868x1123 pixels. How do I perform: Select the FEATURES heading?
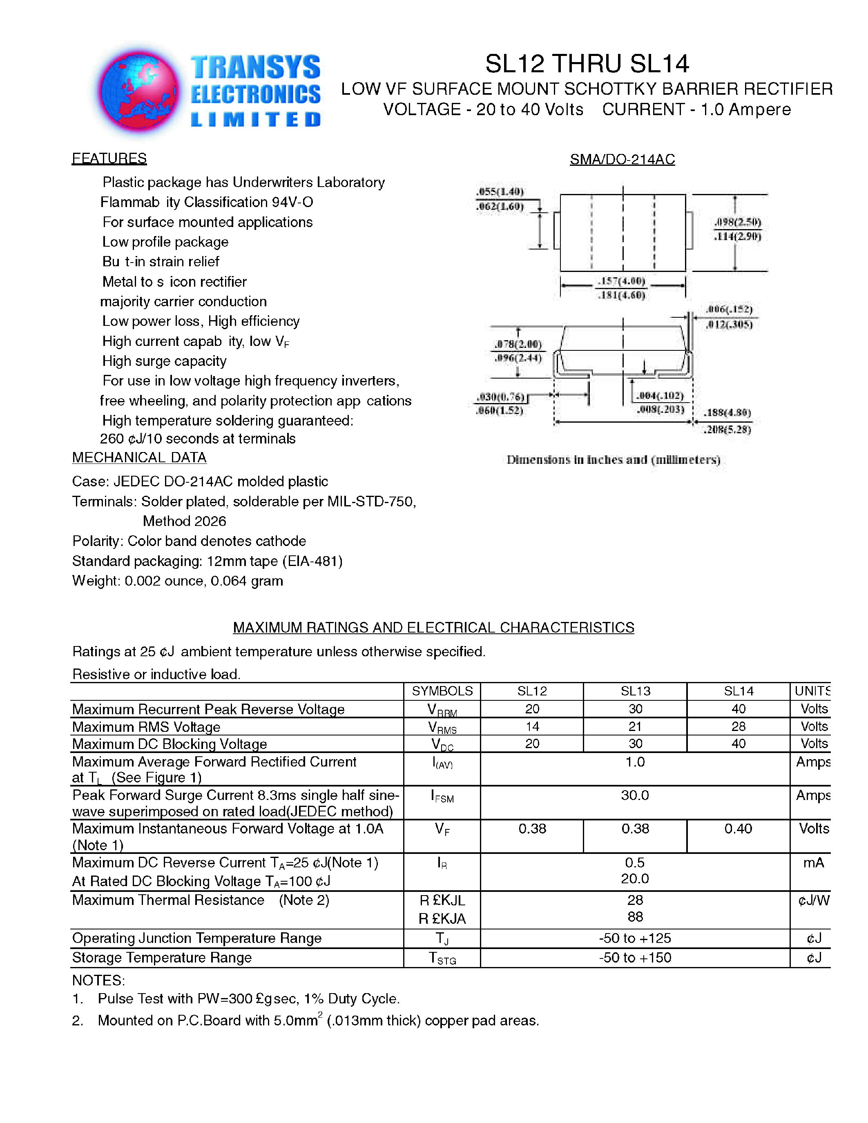point(109,158)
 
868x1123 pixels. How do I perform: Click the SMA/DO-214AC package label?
point(622,159)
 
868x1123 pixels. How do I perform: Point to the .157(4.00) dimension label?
point(621,281)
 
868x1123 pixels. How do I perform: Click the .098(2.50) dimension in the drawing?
point(737,222)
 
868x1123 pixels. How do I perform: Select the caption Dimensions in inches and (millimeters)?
point(613,460)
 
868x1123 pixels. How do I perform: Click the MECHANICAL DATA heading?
point(139,458)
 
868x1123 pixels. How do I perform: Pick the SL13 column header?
point(635,691)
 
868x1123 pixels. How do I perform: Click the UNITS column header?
point(812,691)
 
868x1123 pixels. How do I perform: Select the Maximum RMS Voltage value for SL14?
point(738,726)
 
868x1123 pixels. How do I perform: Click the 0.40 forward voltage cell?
point(738,829)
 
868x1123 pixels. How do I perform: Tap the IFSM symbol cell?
point(442,797)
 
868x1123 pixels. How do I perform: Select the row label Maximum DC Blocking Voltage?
point(169,744)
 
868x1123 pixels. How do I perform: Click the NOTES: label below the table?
point(98,980)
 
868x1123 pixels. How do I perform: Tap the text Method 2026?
point(184,521)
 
